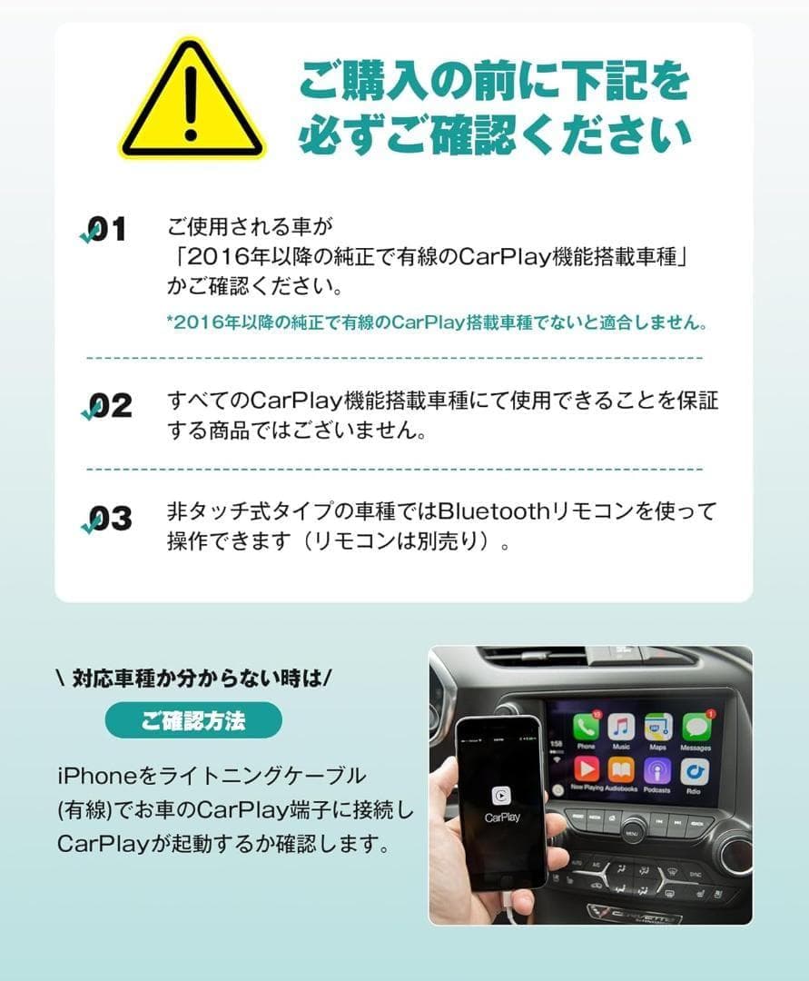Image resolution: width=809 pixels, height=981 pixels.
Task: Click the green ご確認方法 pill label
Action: point(193,720)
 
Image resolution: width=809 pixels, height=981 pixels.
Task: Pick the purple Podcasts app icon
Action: point(657,770)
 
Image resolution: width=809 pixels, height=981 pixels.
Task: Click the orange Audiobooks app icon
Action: point(621,770)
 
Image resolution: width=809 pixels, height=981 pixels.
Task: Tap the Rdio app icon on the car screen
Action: point(696,771)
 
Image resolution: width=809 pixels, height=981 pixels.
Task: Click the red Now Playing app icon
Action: point(586,770)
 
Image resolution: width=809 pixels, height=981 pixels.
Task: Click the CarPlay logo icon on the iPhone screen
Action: point(501,795)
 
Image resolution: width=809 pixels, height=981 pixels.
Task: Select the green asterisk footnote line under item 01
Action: point(436,322)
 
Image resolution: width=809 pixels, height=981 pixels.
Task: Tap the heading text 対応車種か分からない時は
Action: point(193,679)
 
